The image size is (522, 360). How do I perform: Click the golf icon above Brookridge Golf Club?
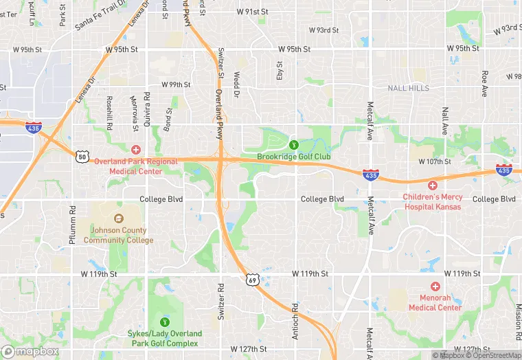(x=294, y=144)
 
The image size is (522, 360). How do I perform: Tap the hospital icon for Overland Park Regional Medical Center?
(x=136, y=149)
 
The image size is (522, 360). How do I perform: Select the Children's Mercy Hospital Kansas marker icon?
(x=433, y=185)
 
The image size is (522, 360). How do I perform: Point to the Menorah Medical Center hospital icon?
(x=435, y=286)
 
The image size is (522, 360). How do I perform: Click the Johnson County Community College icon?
(x=119, y=218)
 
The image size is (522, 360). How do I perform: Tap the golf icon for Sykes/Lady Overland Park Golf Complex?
(x=164, y=322)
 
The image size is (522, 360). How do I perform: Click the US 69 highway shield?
(x=253, y=280)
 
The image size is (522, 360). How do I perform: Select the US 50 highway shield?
(x=82, y=157)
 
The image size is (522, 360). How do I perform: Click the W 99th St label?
(x=176, y=85)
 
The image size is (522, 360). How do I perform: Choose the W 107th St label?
(x=435, y=161)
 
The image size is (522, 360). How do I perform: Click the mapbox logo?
(x=31, y=351)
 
